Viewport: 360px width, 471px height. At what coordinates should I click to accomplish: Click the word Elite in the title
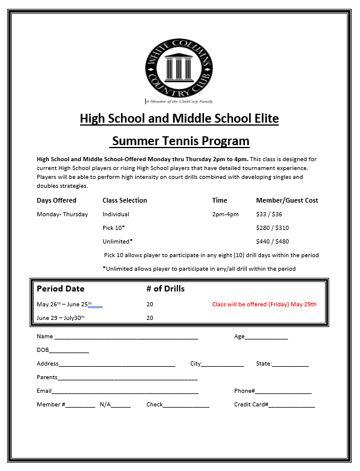(x=264, y=118)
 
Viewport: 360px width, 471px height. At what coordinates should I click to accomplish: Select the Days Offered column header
(x=56, y=200)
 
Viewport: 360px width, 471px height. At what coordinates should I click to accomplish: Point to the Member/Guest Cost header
(x=287, y=200)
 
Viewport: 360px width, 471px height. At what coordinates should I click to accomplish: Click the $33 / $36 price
(x=269, y=214)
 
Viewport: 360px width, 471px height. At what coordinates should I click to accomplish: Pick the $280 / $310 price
(x=272, y=228)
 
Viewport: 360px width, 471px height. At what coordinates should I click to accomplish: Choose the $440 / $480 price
(x=272, y=242)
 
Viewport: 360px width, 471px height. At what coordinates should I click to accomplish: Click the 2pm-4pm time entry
(x=225, y=214)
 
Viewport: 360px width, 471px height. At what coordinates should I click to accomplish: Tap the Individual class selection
(x=116, y=214)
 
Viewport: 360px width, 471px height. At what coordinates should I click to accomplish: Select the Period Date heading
(x=60, y=289)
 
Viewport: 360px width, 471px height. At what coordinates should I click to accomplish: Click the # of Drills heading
(x=165, y=289)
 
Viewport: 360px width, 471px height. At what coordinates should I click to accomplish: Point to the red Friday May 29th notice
(x=265, y=305)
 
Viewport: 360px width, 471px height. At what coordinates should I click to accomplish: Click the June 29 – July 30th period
(x=60, y=318)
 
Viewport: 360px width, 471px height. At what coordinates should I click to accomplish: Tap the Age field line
(x=266, y=338)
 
